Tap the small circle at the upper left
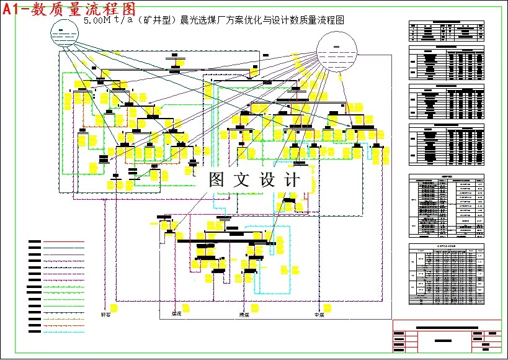point(62,33)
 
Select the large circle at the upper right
point(337,52)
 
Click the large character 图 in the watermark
point(217,180)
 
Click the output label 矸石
point(107,315)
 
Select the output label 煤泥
point(177,315)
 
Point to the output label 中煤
point(319,315)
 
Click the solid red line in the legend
point(64,242)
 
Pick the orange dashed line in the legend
point(64,325)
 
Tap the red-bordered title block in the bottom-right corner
point(447,336)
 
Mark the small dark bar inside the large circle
point(337,47)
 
